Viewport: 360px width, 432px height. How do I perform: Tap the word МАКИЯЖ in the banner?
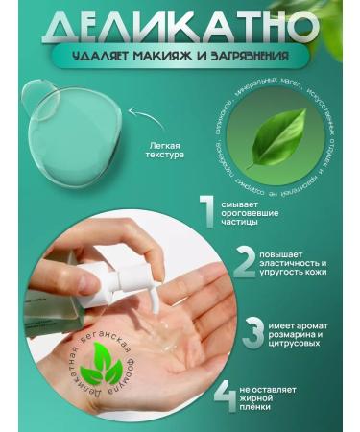171,56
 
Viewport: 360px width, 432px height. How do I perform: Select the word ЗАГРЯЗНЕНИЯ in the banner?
240,56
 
